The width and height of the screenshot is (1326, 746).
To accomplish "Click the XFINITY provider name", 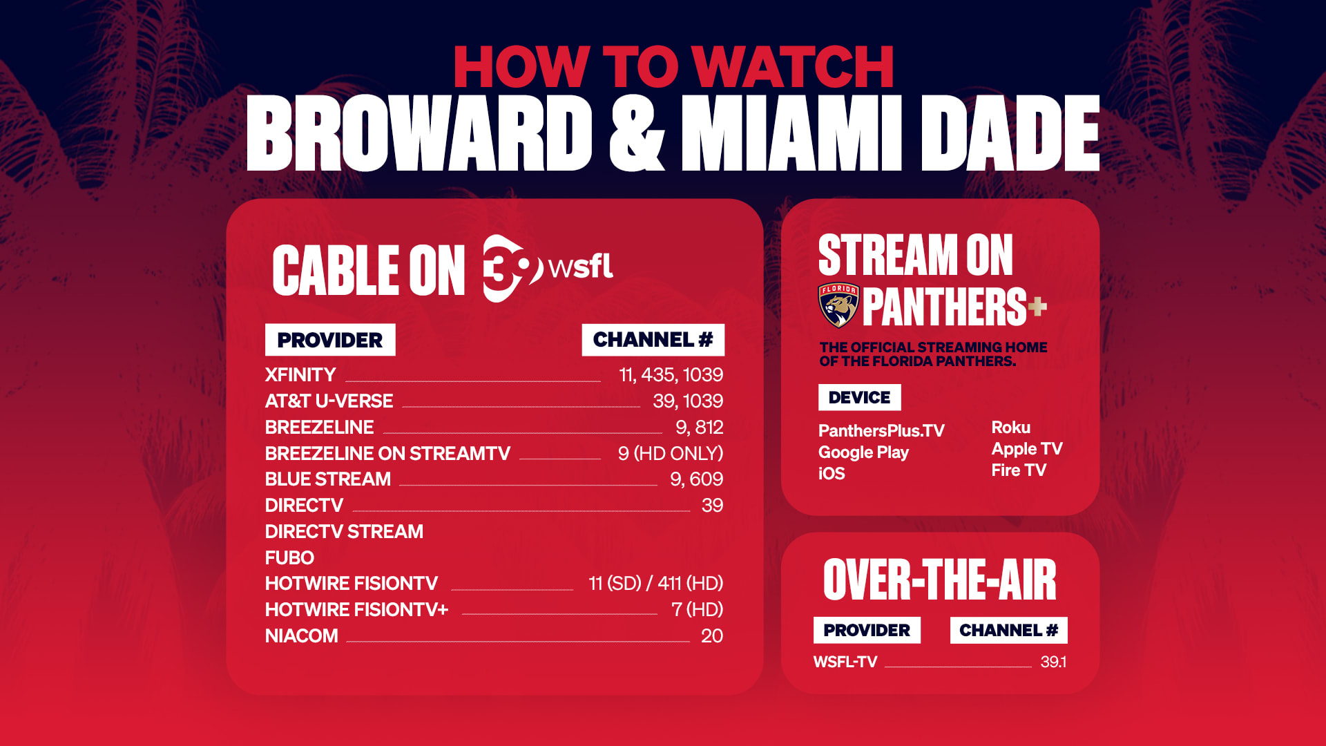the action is point(300,374).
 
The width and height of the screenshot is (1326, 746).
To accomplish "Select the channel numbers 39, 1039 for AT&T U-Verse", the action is point(688,401).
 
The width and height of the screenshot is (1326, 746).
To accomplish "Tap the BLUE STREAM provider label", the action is point(328,479).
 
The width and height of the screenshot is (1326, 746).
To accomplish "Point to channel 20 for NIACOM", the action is point(712,635).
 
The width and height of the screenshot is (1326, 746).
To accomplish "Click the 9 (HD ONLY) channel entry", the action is point(671,453).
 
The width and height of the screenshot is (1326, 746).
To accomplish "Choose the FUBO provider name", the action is point(289,557).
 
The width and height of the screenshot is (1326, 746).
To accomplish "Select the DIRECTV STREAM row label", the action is point(344,531).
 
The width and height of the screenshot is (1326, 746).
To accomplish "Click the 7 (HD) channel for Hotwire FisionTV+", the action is point(698,609).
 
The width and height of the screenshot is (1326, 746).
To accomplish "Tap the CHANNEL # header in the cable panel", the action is point(653,340).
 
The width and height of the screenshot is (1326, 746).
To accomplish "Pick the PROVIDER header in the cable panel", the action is point(330,340).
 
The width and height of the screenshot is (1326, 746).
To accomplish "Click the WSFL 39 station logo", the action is point(547,268).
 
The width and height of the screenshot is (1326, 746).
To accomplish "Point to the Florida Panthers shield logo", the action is point(838,305).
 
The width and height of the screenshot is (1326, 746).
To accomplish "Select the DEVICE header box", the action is point(860,397).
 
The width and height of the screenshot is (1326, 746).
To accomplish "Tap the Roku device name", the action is point(1011,427).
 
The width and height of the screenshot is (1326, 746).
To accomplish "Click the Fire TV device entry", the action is point(1019,470).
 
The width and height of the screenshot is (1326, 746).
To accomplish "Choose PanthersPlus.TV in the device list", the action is point(881,430).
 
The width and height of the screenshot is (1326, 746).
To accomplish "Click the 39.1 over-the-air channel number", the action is point(1053,662).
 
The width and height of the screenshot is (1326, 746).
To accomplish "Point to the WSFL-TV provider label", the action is point(845,662).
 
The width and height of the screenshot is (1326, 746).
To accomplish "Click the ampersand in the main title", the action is point(637,133).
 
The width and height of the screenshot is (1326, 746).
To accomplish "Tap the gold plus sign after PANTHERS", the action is point(1037,306).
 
